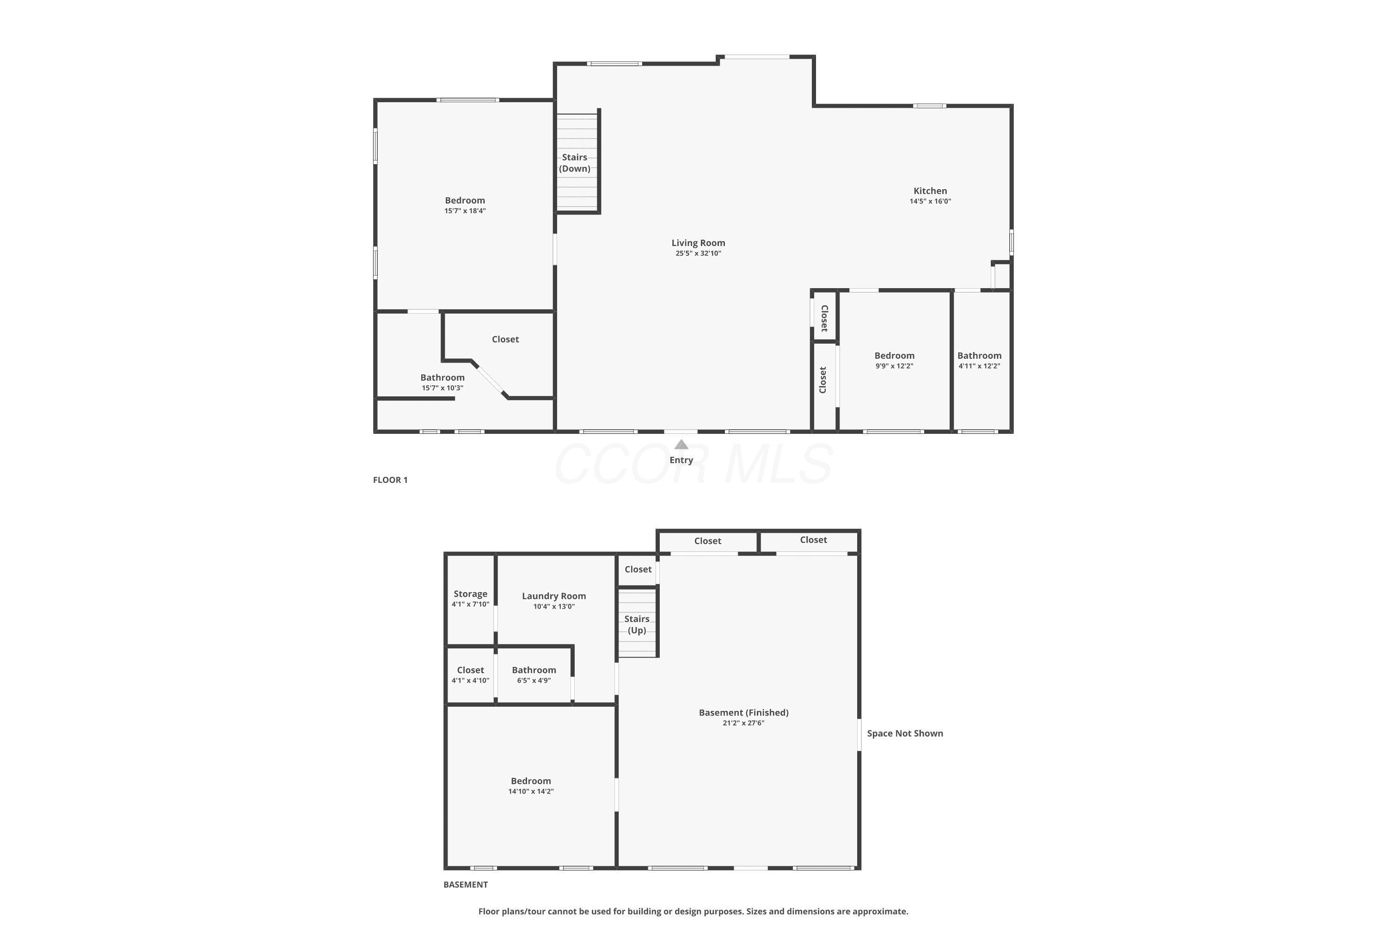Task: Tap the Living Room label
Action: [698, 243]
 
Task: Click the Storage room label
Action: [471, 594]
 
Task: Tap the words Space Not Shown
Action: [905, 733]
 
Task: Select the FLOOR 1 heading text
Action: [390, 480]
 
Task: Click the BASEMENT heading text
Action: [466, 884]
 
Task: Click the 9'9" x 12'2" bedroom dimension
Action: [895, 366]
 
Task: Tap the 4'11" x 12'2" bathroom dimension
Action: [980, 366]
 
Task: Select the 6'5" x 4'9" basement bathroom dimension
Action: [534, 681]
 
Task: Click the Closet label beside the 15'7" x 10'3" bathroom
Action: [505, 339]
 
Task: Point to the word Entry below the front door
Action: [681, 460]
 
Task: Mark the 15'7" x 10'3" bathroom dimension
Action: [442, 388]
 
